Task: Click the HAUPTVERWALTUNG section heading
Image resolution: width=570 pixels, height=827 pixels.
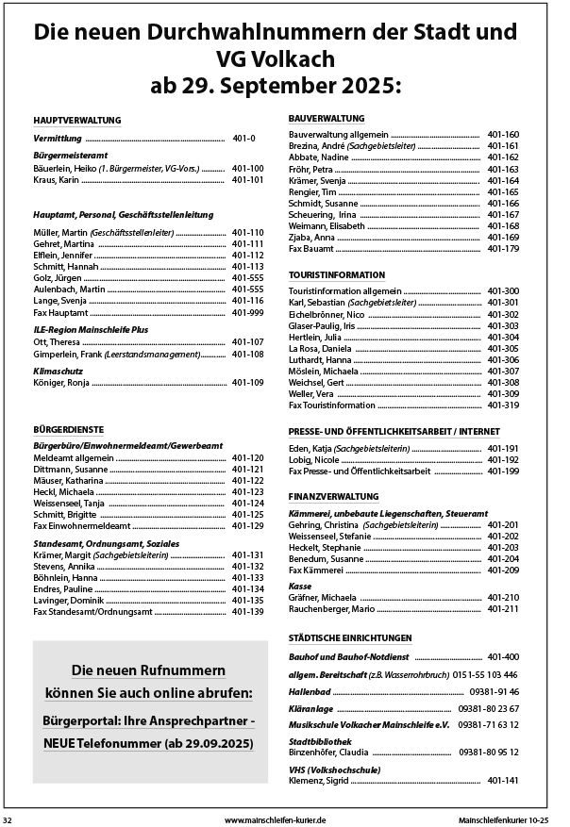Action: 76,121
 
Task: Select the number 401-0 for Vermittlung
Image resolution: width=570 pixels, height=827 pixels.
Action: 243,139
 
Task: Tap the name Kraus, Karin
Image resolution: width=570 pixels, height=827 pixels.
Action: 57,179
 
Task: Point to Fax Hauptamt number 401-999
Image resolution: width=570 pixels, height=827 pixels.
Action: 247,312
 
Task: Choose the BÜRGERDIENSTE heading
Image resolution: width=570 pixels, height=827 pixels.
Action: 68,428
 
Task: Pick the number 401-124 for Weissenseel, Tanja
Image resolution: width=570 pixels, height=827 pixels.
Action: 247,503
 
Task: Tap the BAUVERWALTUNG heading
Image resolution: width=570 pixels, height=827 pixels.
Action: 327,119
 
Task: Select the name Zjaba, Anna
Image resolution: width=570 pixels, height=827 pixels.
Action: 313,237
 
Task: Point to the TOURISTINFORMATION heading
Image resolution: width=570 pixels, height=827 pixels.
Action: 343,274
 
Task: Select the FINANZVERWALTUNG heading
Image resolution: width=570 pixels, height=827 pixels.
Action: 337,494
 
